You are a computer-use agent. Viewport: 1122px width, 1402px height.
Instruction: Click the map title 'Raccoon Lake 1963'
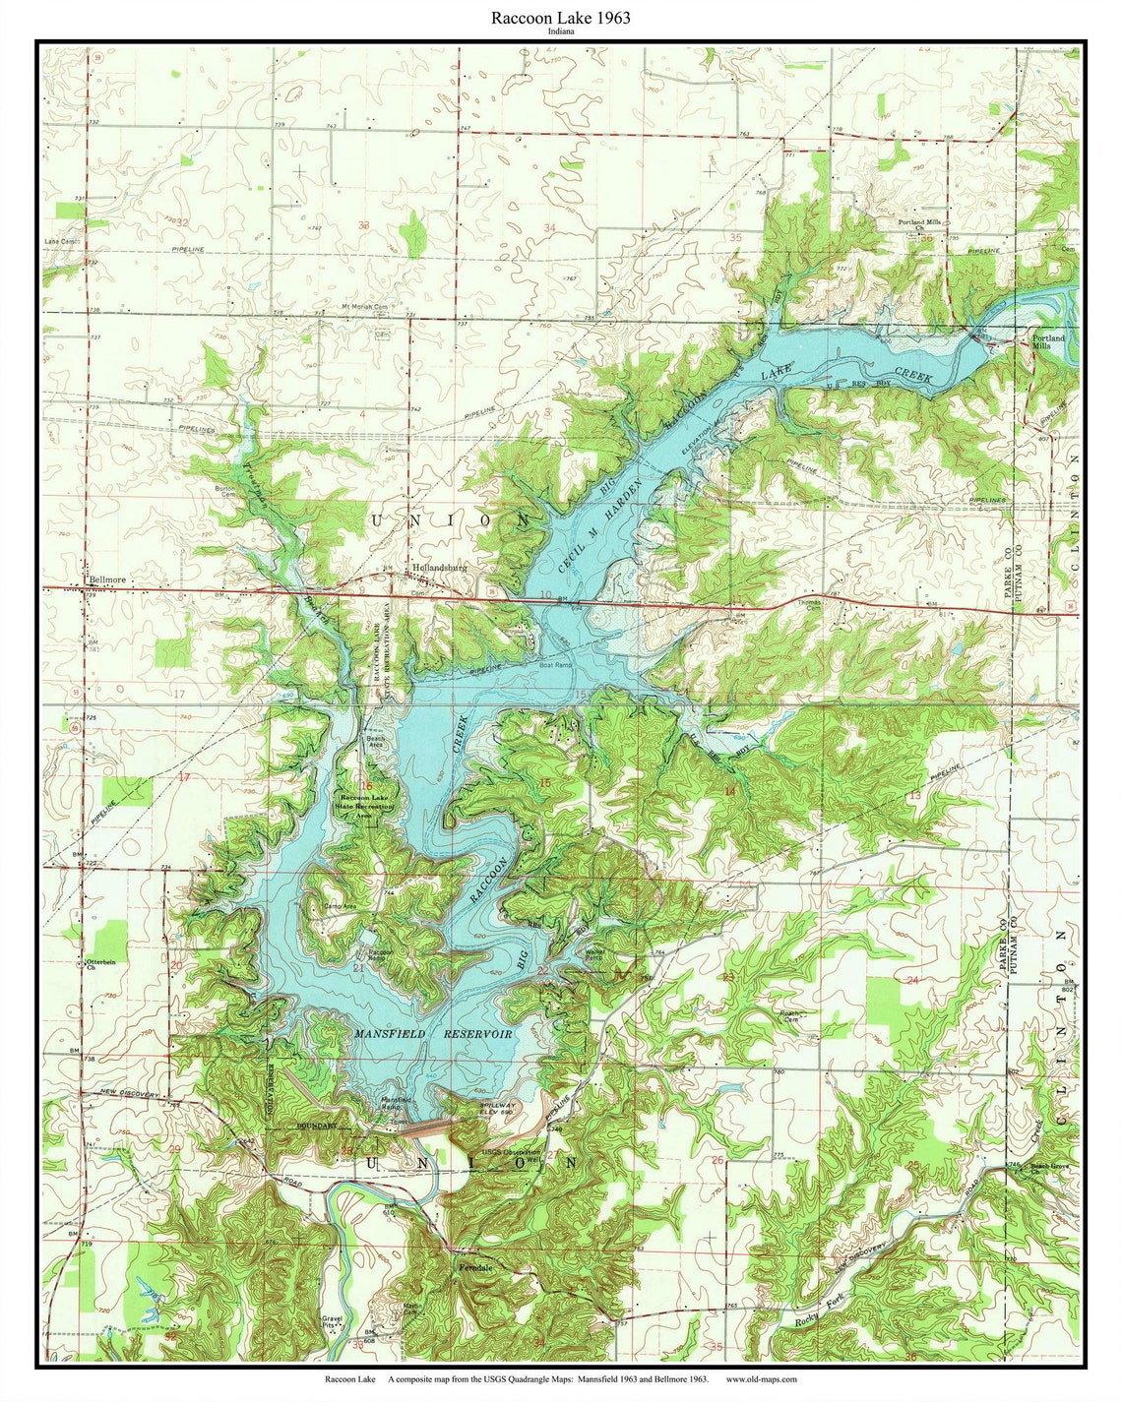(561, 18)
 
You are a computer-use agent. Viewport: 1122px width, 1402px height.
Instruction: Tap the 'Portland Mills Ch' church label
(922, 226)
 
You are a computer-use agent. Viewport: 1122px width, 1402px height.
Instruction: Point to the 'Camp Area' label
(340, 905)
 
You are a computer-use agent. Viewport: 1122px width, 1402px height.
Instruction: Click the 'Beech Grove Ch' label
(1049, 1169)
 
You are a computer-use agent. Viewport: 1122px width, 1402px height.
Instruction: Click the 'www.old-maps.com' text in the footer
(761, 1379)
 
